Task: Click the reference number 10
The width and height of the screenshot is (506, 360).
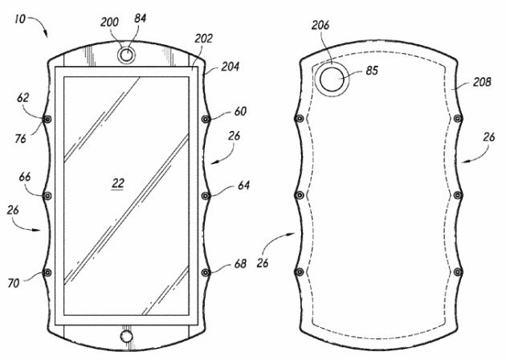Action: click(x=20, y=19)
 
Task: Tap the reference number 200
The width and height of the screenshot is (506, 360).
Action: click(x=110, y=22)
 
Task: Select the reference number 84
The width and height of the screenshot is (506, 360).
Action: click(x=140, y=18)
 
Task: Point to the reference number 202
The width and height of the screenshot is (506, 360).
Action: click(x=204, y=39)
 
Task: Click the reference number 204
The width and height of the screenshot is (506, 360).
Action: click(x=230, y=67)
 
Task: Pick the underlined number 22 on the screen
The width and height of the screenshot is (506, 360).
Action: click(x=118, y=184)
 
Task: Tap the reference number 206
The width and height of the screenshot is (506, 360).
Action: click(x=320, y=25)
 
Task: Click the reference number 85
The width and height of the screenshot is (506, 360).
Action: click(x=372, y=71)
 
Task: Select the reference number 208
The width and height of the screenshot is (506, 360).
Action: click(x=482, y=82)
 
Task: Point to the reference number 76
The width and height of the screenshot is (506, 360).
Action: click(x=20, y=139)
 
